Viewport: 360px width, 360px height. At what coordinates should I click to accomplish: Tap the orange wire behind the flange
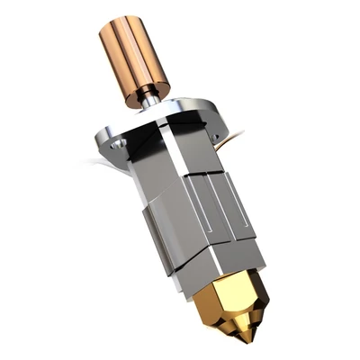click(x=236, y=134)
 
